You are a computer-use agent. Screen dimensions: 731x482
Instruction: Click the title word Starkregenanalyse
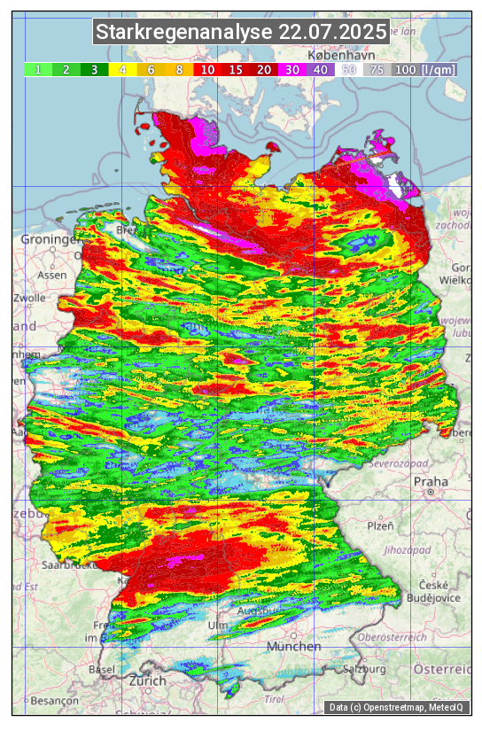click(184, 33)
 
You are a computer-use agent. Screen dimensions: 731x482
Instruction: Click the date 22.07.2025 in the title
click(332, 33)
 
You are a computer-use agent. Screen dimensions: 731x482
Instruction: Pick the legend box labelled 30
click(292, 69)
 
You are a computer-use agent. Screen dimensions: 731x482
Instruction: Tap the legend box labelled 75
click(377, 69)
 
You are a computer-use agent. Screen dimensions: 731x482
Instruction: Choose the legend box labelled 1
click(38, 69)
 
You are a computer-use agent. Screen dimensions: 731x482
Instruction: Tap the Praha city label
click(430, 482)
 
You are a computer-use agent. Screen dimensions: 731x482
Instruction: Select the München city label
click(293, 646)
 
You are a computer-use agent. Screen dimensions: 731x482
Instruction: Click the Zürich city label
click(147, 680)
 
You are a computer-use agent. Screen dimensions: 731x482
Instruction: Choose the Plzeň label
click(380, 525)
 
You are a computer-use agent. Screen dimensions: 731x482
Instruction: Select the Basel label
click(102, 669)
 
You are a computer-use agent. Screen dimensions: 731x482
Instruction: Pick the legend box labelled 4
click(123, 69)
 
